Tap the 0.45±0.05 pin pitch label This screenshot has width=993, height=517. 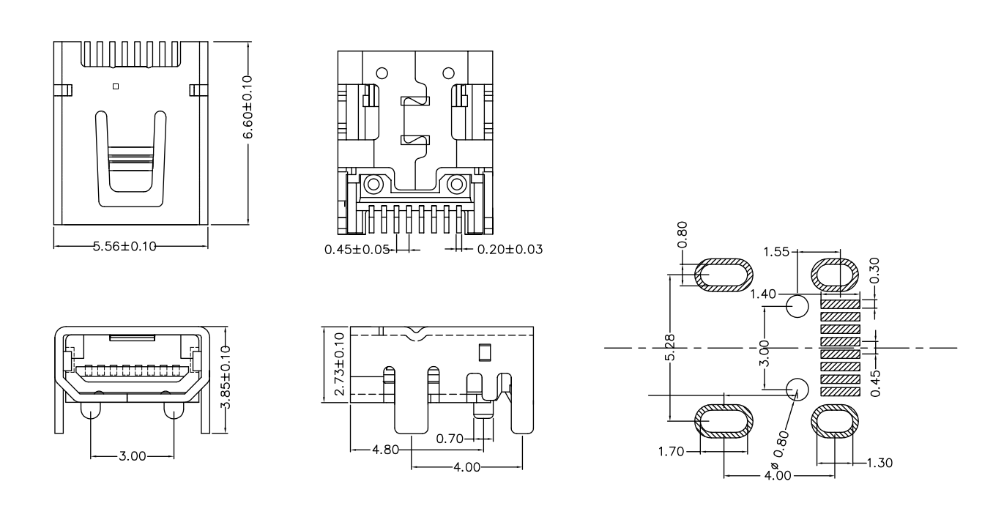pos(354,250)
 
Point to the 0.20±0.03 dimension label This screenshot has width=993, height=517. pos(510,250)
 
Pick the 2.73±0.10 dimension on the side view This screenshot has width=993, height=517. pos(339,365)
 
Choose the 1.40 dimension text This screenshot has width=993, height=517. pos(765,294)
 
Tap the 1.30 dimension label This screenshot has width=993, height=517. pos(878,463)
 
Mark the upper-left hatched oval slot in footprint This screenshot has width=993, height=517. pos(723,275)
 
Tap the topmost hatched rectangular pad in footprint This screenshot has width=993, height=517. pos(839,303)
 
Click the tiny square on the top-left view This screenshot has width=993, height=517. pos(115,86)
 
